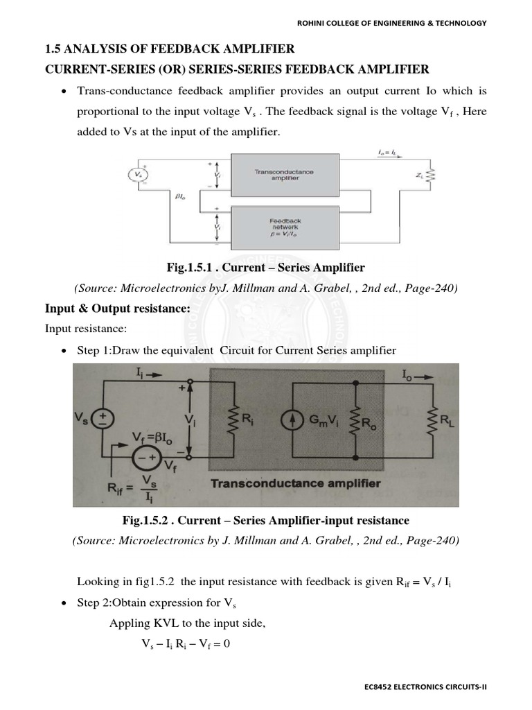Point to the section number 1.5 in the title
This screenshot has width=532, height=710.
click(53, 49)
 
